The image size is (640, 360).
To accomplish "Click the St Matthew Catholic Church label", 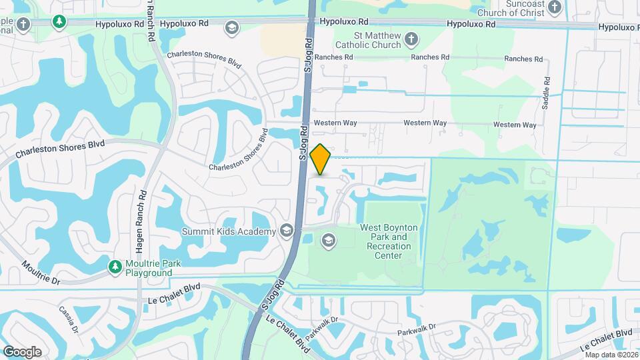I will point(377,39).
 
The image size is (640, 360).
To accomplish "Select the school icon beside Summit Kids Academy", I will point(287,231).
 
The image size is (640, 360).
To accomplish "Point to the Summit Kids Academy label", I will point(229,231).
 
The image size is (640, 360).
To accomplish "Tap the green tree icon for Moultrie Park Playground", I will point(115,267).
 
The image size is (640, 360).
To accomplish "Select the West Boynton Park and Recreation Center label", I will point(389,241).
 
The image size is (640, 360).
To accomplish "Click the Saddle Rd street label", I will point(545,97).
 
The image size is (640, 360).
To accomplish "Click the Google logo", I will point(22,352).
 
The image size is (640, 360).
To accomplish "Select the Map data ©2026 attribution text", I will point(610,354).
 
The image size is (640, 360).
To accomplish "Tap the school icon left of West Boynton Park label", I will point(328,240).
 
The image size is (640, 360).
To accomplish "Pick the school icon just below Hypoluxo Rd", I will point(231,28).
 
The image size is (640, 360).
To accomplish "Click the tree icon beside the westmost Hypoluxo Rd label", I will point(59,22).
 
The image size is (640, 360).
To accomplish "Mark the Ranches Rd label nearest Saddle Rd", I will point(523,59).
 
